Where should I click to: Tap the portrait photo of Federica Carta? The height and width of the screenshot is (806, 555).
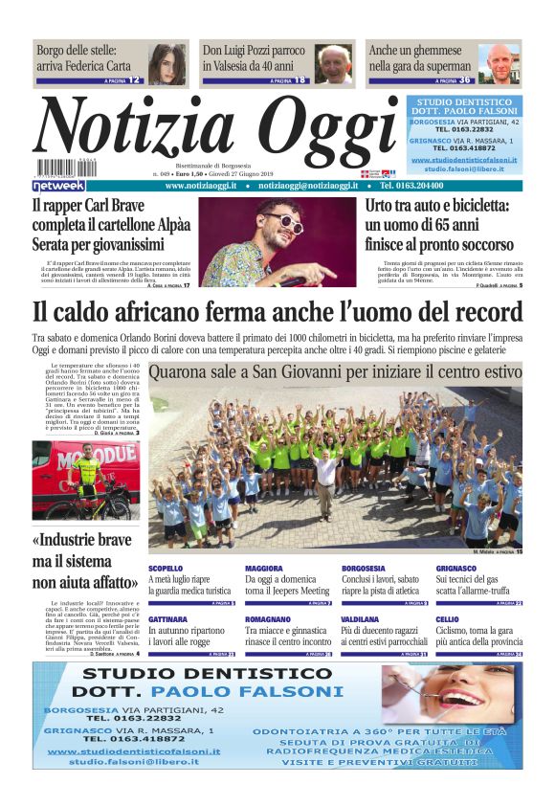[167, 63]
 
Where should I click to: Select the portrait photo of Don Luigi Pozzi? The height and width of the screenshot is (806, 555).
[333, 63]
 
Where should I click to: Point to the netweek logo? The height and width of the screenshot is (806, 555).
[58, 185]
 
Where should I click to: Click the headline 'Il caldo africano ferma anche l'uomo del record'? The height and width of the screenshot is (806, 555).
[277, 312]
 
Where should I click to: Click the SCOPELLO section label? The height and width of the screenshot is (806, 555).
[166, 569]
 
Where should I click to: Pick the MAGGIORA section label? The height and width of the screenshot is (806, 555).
[263, 569]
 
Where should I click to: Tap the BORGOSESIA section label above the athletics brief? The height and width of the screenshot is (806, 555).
[364, 569]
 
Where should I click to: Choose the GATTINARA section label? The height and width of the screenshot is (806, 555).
[167, 620]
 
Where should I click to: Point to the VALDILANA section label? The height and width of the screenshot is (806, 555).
[361, 620]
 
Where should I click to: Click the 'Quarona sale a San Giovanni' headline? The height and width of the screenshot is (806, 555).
[335, 371]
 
